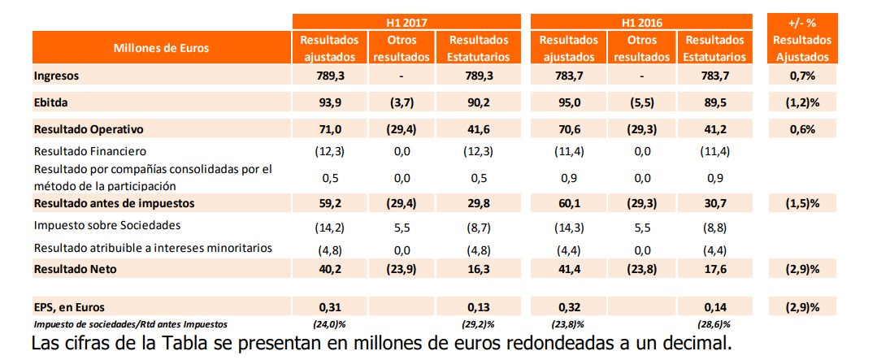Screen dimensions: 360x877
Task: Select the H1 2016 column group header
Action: click(642, 23)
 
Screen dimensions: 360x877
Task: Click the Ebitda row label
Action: click(50, 102)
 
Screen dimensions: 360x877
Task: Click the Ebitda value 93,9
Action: click(329, 102)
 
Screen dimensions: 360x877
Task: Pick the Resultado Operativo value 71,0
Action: click(329, 129)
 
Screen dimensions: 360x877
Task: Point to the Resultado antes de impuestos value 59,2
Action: click(329, 202)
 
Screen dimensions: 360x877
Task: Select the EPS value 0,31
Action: click(329, 306)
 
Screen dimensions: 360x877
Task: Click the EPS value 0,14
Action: click(715, 306)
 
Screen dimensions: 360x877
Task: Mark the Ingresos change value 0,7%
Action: click(801, 76)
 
